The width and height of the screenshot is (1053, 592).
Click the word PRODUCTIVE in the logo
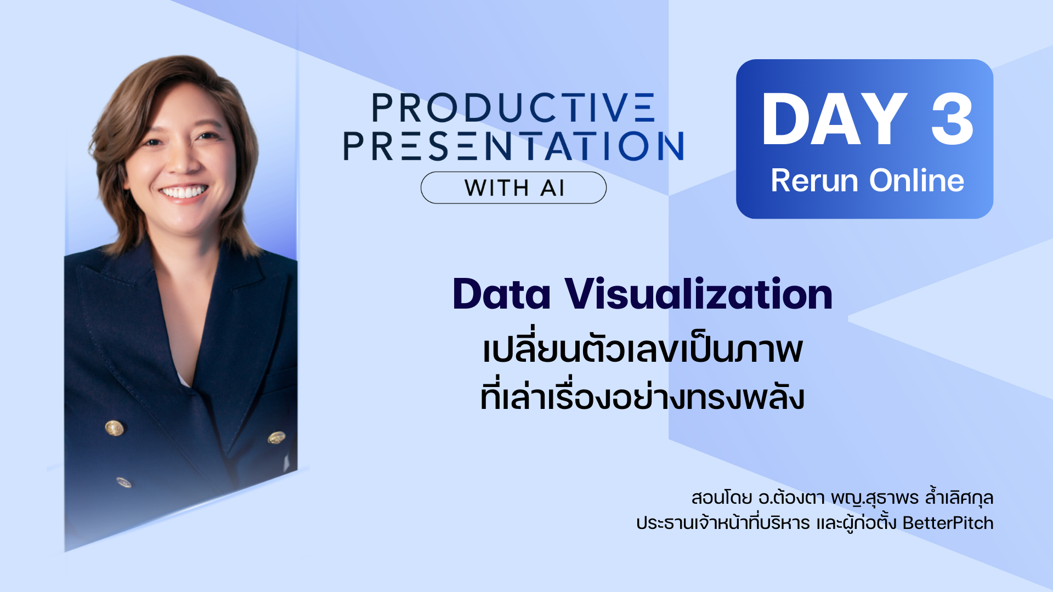point(513,107)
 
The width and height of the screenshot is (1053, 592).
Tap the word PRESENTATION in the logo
point(514,146)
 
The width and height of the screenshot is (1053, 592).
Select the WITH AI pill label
point(514,188)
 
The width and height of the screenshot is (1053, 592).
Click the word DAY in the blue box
point(834,119)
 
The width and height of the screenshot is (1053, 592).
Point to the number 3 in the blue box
point(953,119)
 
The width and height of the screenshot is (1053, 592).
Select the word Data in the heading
point(501,294)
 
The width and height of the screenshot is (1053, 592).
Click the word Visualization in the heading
point(699,294)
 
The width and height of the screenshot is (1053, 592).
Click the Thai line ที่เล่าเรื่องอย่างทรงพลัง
point(642,396)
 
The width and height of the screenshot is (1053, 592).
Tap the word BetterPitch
point(948,523)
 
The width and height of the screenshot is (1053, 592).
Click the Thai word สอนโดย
point(722,498)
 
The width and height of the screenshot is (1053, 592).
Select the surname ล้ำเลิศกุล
point(959,497)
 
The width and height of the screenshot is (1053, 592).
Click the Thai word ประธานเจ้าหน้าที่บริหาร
point(723,522)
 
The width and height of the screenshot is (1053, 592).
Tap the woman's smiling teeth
point(184,192)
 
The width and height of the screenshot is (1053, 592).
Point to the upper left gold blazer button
point(114,428)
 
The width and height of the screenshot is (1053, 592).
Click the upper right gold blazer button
point(276,437)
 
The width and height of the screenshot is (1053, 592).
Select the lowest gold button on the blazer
point(124,482)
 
